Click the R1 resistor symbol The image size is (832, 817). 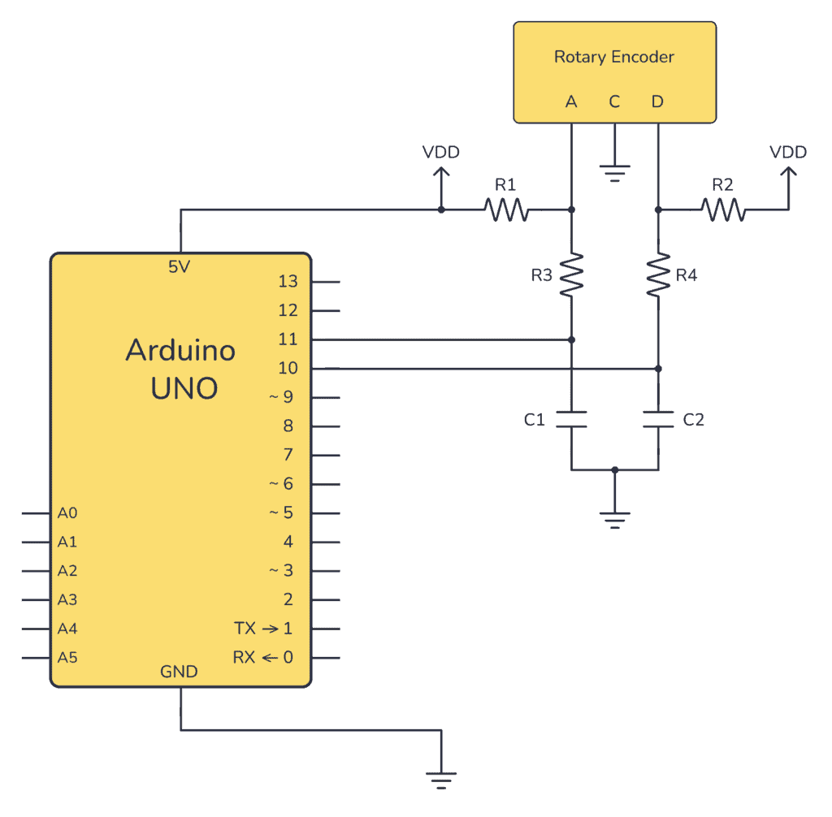[x=506, y=210]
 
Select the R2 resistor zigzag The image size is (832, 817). [x=723, y=210]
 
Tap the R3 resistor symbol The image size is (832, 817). [x=572, y=274]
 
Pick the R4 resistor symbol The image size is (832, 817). [x=658, y=274]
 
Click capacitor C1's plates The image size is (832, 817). [x=572, y=419]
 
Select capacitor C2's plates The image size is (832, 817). [x=658, y=419]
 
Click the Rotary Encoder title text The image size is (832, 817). [x=614, y=57]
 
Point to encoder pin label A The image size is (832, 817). [x=571, y=102]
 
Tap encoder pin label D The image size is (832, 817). [x=657, y=102]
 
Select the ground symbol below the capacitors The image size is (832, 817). [x=615, y=519]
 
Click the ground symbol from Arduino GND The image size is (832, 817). [x=441, y=780]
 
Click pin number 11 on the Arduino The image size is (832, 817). [x=287, y=339]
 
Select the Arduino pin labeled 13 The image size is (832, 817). [x=287, y=282]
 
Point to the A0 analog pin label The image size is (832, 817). [x=67, y=513]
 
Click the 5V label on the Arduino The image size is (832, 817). [x=180, y=266]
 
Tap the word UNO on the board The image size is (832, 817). [x=184, y=388]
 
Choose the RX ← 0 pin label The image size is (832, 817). [x=263, y=657]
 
